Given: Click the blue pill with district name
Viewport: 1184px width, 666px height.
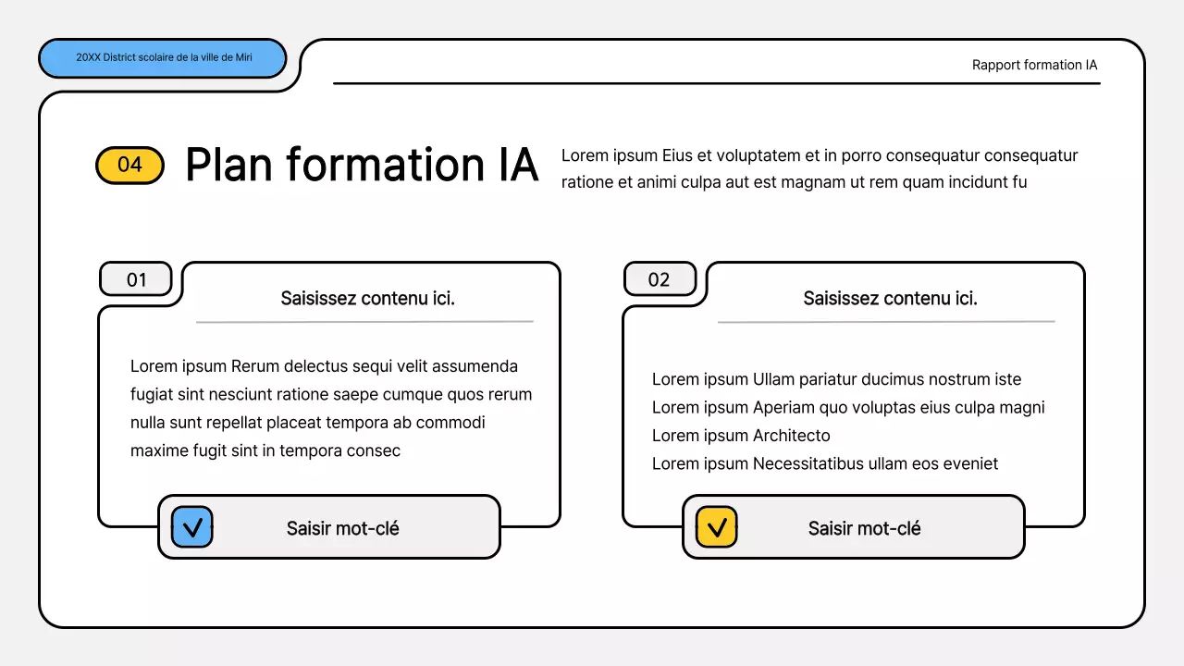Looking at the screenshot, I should (163, 58).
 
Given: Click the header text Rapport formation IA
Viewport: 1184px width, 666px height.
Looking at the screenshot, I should (1034, 65).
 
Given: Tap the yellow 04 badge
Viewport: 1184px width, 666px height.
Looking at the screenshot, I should (129, 165).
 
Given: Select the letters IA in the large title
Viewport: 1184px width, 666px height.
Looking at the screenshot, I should (512, 165).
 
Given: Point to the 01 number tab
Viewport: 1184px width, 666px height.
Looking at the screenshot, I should (136, 279).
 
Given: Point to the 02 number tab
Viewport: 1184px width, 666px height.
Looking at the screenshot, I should (660, 279).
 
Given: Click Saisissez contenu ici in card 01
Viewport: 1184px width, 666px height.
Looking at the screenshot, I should (367, 298).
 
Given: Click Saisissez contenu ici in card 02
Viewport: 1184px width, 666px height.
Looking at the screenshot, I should (890, 298).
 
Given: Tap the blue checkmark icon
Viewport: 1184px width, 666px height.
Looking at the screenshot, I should (192, 527).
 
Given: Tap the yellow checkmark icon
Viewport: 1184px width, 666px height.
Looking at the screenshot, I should (716, 527).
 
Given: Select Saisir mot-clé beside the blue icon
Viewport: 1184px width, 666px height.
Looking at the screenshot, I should (342, 528).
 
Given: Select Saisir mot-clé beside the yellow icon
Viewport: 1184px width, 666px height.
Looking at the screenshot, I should (864, 528).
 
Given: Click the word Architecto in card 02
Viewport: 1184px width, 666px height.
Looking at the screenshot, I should (791, 436).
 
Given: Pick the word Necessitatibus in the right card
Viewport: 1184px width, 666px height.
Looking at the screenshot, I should (808, 463).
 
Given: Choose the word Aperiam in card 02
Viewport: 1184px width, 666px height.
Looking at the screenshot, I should (783, 407).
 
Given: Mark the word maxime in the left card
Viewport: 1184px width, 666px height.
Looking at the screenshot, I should (157, 450).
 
